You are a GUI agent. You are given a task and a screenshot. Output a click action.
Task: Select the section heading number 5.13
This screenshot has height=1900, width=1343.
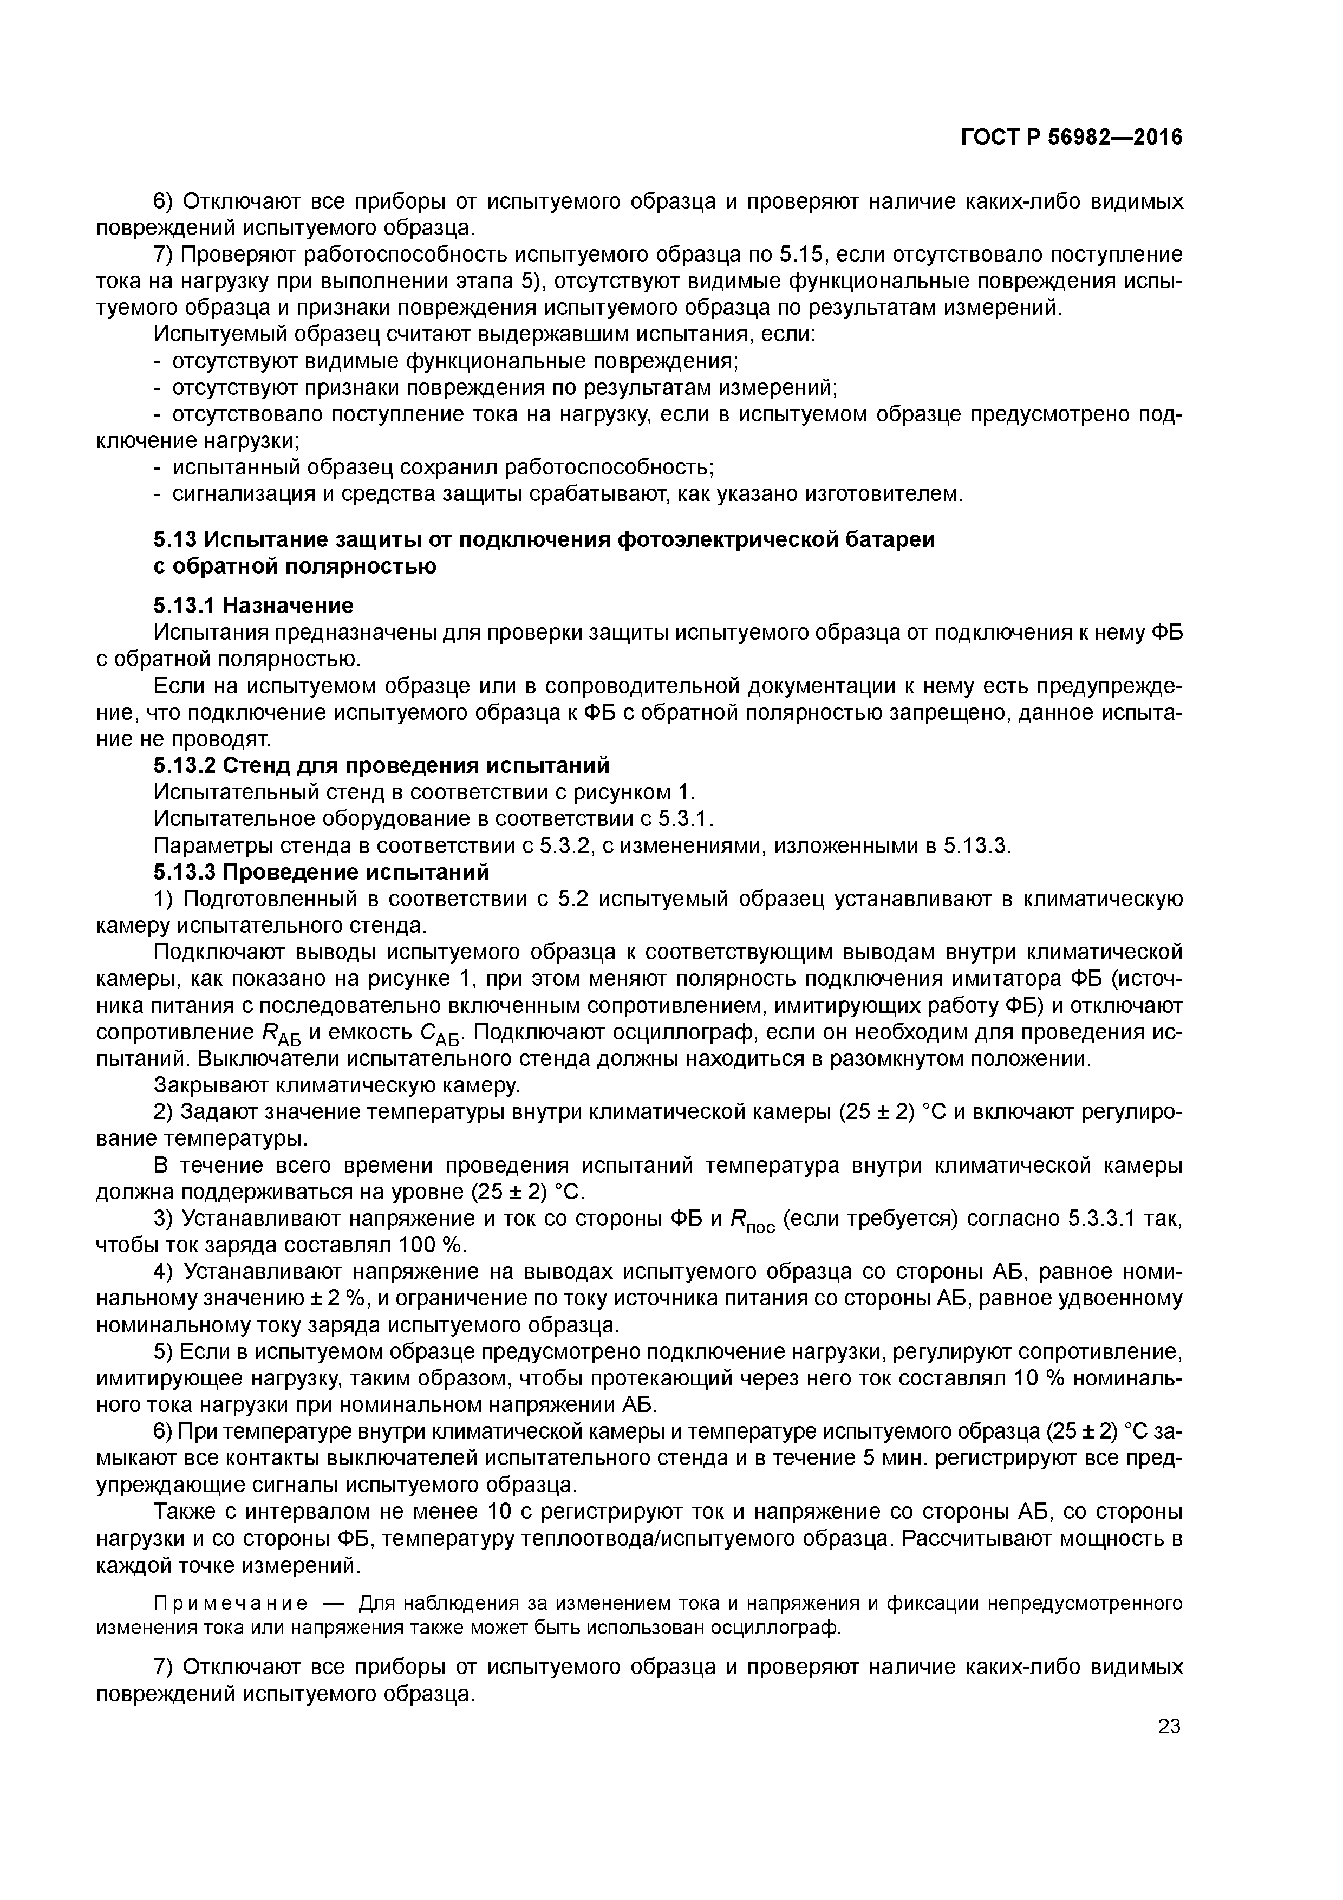coord(176,539)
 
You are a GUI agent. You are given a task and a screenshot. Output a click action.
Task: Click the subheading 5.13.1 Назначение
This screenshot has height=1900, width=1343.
coord(253,606)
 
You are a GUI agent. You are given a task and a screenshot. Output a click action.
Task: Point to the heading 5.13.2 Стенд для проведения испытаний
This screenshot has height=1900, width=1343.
coord(381,765)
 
